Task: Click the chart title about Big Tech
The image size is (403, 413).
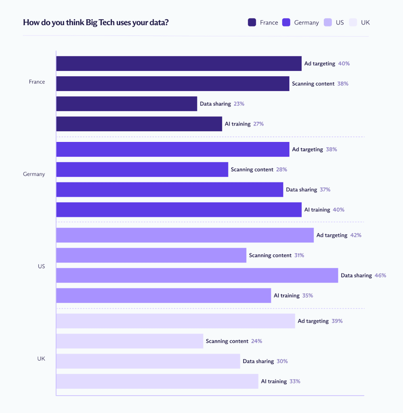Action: [96, 22]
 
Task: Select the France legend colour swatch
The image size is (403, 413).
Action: [252, 23]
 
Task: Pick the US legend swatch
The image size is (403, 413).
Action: [327, 23]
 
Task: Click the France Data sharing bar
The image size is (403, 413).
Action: [126, 104]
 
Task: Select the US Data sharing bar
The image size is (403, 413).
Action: [197, 275]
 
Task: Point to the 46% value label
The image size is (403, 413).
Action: [380, 275]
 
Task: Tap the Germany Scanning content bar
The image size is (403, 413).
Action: [142, 169]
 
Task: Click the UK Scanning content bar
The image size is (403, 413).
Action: [129, 341]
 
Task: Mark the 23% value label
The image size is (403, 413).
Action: [239, 104]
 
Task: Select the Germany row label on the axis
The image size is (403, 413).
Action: [34, 174]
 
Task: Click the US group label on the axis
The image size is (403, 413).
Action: [41, 266]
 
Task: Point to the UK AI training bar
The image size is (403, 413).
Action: [157, 381]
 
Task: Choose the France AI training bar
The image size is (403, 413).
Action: [139, 124]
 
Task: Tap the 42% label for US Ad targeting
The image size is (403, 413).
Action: [356, 235]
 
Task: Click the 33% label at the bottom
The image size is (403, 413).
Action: [295, 381]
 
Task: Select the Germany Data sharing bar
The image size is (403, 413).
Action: [169, 190]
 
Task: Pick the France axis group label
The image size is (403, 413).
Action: [37, 81]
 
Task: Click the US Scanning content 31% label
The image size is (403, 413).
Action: [299, 255]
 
